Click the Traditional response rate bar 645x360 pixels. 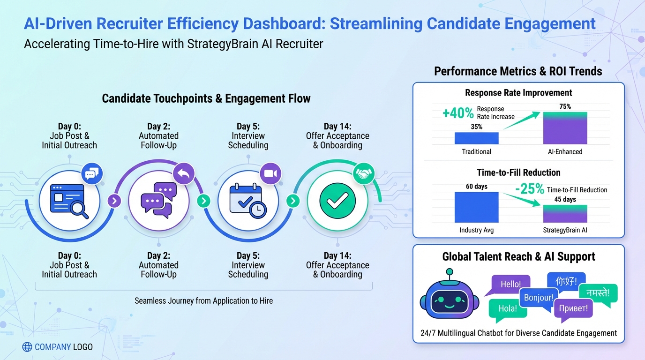476,138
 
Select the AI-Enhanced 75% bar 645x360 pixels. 565,128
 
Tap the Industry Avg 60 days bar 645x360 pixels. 476,207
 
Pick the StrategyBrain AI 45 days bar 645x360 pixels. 565,213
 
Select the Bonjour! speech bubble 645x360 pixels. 538,298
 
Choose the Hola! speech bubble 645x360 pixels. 507,308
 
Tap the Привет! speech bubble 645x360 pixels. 573,308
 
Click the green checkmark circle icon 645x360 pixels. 337,202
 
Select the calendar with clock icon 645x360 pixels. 247,202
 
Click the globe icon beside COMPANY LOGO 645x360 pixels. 28,347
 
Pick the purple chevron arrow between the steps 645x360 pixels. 114,202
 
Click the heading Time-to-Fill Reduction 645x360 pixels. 518,172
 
